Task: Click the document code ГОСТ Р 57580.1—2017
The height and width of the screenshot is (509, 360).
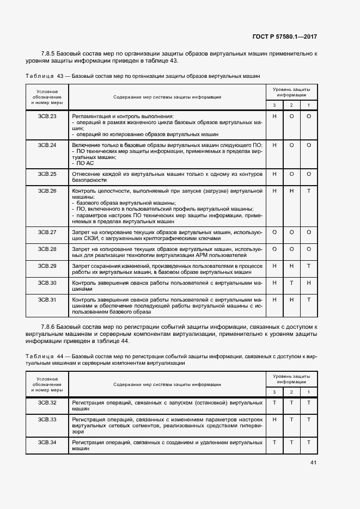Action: coord(285,37)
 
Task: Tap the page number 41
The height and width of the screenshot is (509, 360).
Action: coord(313,463)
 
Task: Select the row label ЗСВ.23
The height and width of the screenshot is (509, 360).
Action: coord(47,116)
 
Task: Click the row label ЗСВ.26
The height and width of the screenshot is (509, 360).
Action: coord(47,191)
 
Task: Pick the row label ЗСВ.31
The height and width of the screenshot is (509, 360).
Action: coord(47,300)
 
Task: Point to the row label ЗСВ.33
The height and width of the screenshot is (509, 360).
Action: coord(47,420)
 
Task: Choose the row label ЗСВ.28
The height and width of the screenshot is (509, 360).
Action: coord(47,249)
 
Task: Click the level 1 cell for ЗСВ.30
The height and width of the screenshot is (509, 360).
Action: coord(308,283)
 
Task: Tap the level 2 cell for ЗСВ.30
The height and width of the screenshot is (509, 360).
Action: coord(291,283)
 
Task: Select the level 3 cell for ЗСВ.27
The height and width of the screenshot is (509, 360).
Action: coord(274,232)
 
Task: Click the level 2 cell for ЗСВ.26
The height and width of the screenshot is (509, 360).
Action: coord(291,191)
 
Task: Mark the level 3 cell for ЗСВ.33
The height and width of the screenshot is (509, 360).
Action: coord(274,420)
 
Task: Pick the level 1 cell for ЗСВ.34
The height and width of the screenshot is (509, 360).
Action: coord(308,443)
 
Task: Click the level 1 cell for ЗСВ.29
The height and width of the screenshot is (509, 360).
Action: coord(308,266)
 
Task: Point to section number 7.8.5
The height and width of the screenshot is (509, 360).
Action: coord(50,53)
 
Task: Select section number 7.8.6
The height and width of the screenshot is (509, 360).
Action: coord(50,326)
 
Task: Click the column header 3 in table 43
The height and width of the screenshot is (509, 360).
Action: coord(274,105)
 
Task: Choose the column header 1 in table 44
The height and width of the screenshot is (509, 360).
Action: coord(308,392)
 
